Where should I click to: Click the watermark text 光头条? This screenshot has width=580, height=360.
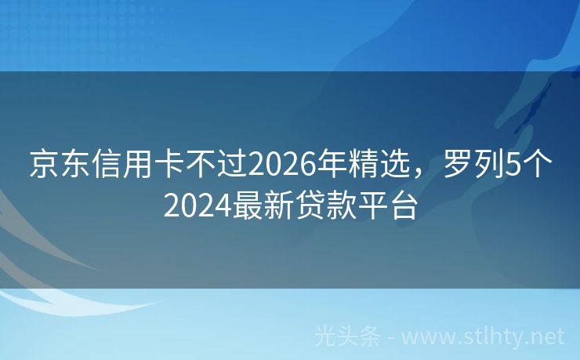[348, 337]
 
